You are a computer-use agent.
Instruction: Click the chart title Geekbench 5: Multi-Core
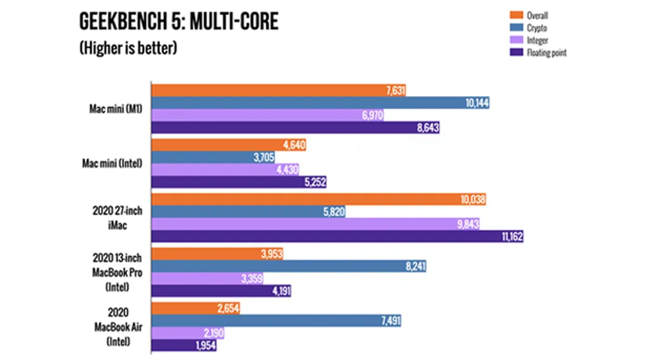179,22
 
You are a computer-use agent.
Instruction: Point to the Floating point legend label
547,53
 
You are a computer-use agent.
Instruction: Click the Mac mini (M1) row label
116,109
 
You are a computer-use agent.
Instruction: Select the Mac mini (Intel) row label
113,164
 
